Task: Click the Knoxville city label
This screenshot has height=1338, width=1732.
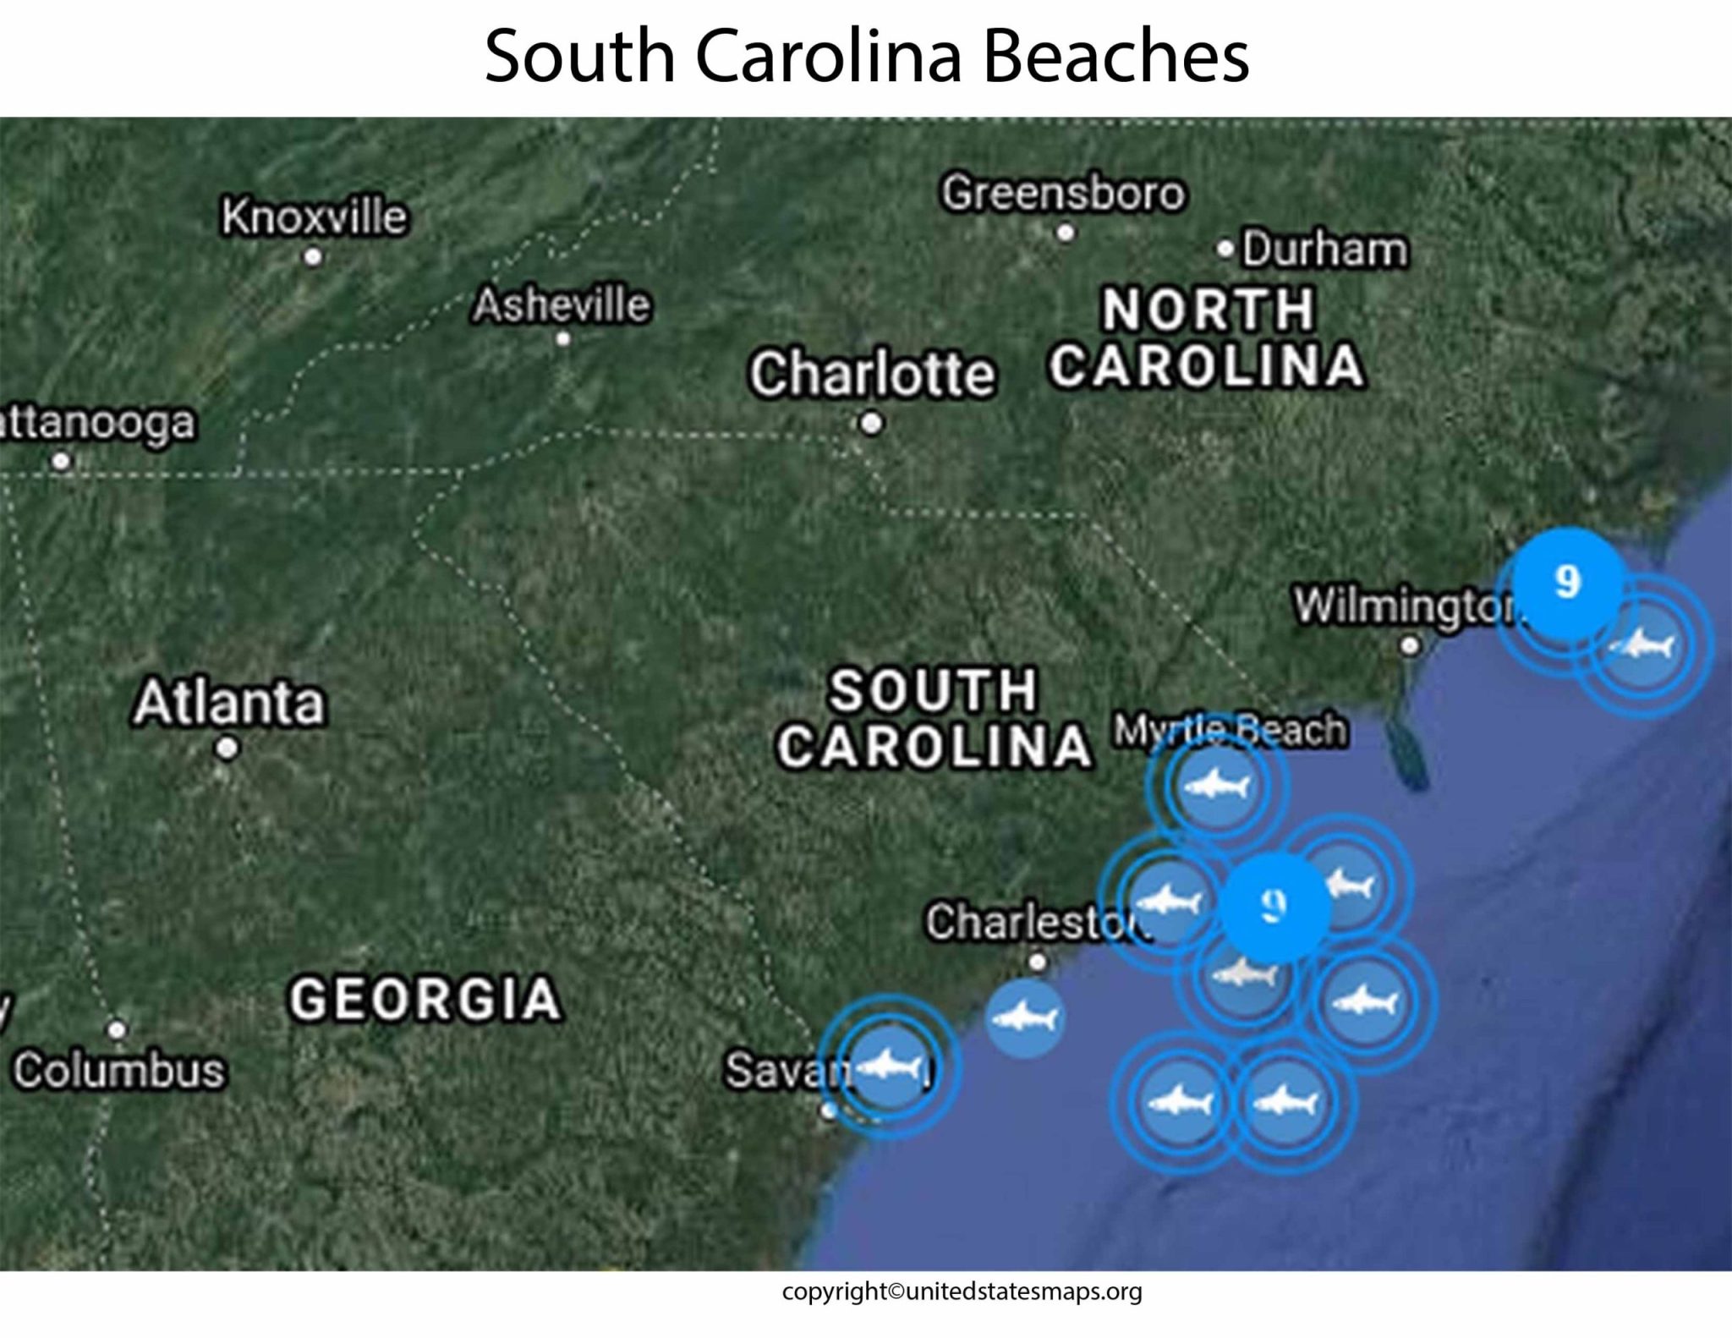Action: click(314, 217)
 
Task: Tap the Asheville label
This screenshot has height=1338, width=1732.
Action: click(562, 304)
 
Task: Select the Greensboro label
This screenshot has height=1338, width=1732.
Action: click(1063, 193)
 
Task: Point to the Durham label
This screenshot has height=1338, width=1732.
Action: click(1324, 250)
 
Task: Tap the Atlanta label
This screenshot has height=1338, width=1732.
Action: click(228, 702)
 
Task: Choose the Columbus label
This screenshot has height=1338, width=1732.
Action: click(119, 1070)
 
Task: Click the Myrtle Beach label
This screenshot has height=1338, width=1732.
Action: click(1230, 730)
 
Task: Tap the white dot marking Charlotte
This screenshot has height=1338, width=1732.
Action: click(871, 423)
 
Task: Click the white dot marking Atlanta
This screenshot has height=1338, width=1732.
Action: click(227, 749)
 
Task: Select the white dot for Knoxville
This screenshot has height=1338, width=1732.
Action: click(313, 256)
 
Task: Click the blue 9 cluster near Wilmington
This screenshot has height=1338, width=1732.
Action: click(1567, 582)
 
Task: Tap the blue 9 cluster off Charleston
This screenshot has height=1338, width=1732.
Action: click(1274, 907)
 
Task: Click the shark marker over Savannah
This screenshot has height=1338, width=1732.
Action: click(889, 1067)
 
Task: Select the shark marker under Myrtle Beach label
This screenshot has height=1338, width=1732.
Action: click(1217, 786)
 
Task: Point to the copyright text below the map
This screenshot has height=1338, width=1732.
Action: click(962, 1291)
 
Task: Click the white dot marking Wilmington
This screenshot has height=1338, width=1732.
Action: click(1410, 646)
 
